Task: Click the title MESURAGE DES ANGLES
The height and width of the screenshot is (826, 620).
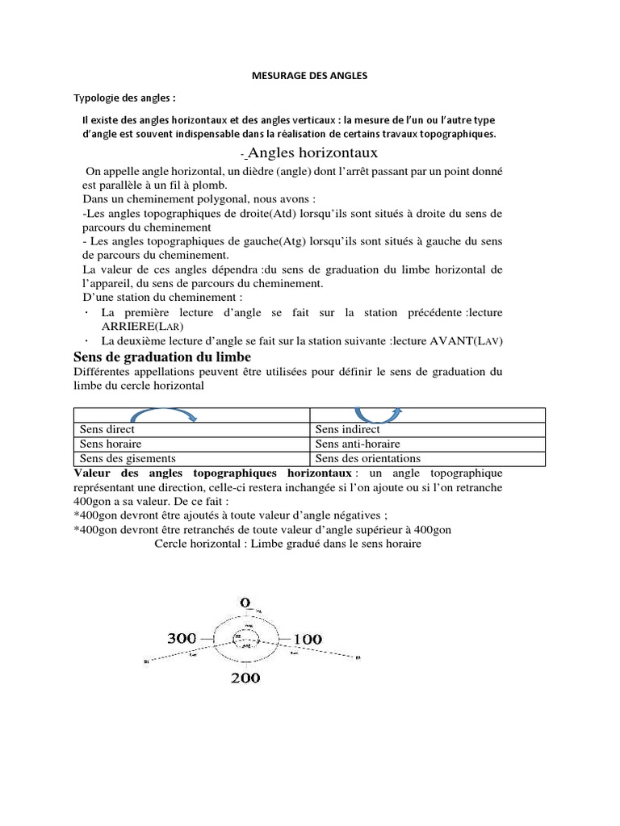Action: coord(310,75)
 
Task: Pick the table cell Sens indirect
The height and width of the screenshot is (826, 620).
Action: coord(347,430)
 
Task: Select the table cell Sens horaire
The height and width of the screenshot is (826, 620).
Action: coord(110,444)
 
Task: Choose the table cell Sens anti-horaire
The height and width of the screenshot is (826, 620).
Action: coord(358,444)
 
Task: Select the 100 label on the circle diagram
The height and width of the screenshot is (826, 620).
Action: coord(308,639)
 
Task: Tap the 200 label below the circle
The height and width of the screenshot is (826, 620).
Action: coord(245,678)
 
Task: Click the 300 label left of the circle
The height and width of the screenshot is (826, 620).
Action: coord(182,638)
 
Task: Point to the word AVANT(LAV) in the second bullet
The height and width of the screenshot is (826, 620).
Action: coord(467,341)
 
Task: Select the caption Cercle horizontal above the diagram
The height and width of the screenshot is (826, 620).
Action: coord(199,544)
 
